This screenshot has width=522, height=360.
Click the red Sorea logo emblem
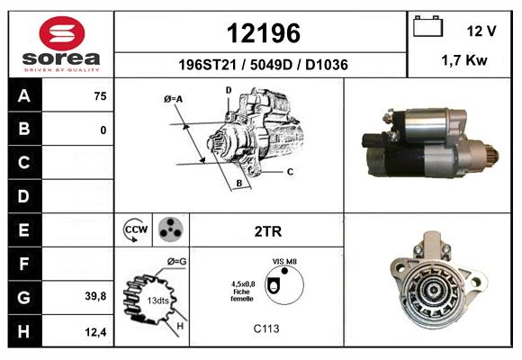62,33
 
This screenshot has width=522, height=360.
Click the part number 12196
264,33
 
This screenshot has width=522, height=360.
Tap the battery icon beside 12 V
427,26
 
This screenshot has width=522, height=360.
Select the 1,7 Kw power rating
464,60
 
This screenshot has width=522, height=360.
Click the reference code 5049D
271,65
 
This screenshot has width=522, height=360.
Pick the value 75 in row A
100,96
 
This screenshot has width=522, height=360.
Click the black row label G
24,297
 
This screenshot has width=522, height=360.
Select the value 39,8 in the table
95,296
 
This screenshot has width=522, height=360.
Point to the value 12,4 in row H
95,332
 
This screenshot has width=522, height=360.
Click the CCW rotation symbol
136,229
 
